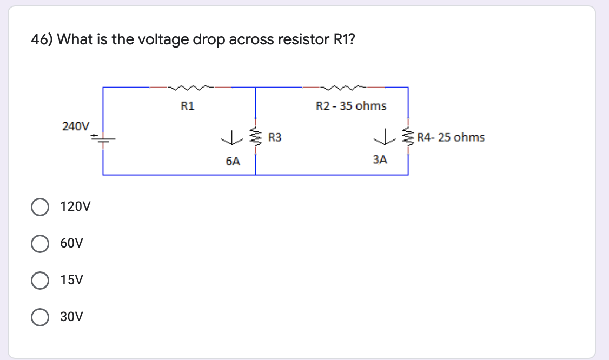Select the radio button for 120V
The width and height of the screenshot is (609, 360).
[x=39, y=207]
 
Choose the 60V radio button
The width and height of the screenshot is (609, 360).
[x=39, y=244]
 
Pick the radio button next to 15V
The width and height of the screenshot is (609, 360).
[x=39, y=281]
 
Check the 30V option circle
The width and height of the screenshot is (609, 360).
[x=39, y=317]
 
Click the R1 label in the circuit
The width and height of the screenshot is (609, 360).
[x=188, y=106]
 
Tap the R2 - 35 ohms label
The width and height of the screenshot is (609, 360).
[x=351, y=106]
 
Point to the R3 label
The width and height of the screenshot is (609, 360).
[x=275, y=138]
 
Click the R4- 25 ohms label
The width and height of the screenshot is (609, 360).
[x=451, y=137]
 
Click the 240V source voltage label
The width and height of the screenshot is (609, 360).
[x=75, y=126]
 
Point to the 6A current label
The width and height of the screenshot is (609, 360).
[x=233, y=161]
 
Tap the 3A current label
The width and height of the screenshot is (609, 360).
[x=380, y=159]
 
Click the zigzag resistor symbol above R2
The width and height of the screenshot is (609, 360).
[x=343, y=86]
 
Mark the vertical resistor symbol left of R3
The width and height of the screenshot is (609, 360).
[x=255, y=138]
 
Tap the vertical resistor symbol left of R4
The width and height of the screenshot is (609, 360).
[x=408, y=138]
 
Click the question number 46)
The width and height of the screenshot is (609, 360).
[x=42, y=39]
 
